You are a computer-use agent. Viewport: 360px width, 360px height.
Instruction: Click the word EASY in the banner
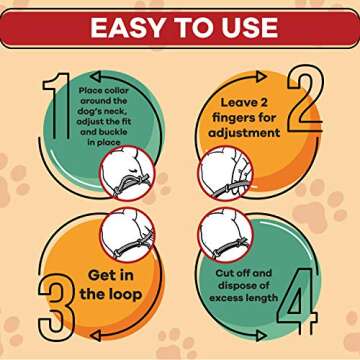128,26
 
